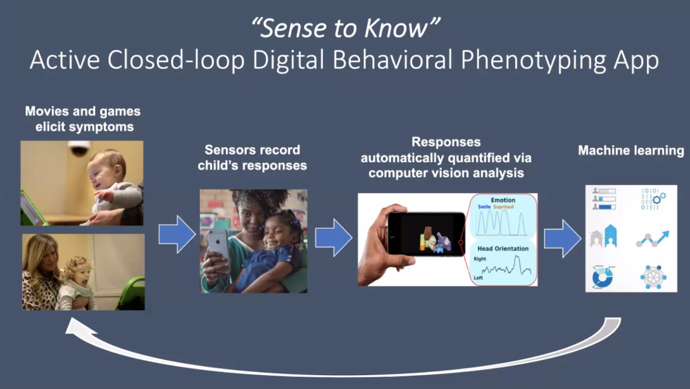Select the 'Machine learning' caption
click(x=631, y=151)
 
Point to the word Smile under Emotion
click(x=484, y=207)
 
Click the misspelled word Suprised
click(x=503, y=207)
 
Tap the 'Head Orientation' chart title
click(x=503, y=249)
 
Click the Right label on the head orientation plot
click(x=480, y=259)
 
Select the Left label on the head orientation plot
click(x=478, y=278)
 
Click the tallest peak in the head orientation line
click(x=517, y=256)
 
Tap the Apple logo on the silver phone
click(x=218, y=241)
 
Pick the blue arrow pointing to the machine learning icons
click(x=562, y=239)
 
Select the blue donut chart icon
click(x=602, y=277)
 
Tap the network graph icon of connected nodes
click(x=653, y=277)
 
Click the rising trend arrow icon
click(x=653, y=239)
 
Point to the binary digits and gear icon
click(x=653, y=199)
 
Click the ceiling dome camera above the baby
click(x=79, y=147)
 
